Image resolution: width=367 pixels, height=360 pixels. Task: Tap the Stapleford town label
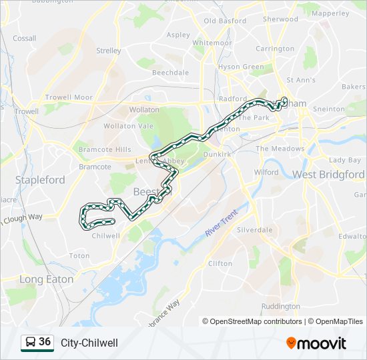[x=40, y=180]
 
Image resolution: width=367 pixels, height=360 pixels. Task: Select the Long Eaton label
[x=47, y=279]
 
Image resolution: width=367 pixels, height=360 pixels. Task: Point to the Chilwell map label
[x=105, y=235]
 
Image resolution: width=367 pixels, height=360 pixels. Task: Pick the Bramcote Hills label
[x=105, y=149]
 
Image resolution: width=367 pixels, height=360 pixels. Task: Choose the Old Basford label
[x=225, y=21]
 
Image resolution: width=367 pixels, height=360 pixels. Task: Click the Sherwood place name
[x=280, y=19]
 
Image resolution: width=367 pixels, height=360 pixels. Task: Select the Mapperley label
[x=330, y=13]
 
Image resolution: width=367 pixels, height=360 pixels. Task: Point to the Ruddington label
[x=281, y=307]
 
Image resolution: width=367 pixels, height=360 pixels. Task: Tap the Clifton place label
[x=220, y=263]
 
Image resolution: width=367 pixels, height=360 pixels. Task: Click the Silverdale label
[x=255, y=229]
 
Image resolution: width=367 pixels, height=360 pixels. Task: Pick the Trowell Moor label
[x=69, y=97]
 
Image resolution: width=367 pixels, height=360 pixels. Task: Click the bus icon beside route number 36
[x=30, y=343]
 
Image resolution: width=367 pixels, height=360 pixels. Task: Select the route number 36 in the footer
[x=45, y=342]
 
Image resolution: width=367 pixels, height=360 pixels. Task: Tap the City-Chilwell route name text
[x=89, y=343]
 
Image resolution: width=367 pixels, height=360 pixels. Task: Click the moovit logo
[x=316, y=343]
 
